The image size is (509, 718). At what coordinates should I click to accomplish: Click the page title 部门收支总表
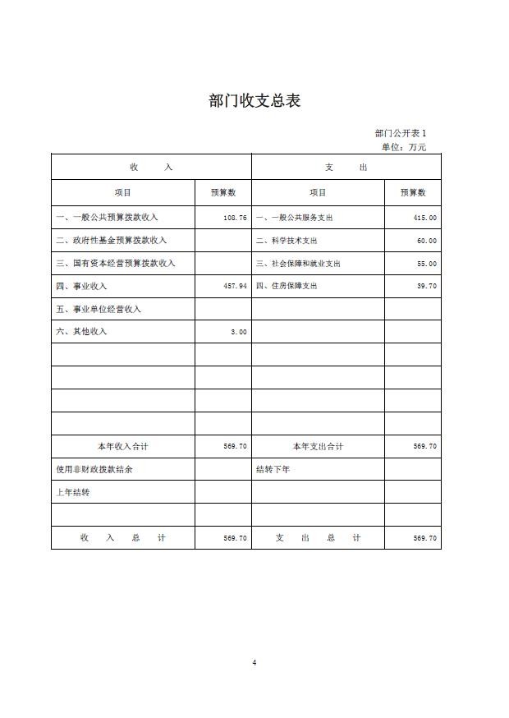pyautogui.click(x=254, y=101)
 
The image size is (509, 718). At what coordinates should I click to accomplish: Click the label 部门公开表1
pyautogui.click(x=401, y=133)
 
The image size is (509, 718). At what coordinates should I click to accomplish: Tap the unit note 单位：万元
pyautogui.click(x=403, y=147)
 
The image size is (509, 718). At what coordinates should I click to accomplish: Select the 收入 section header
pyautogui.click(x=151, y=168)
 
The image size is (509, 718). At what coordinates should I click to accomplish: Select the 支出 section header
pyautogui.click(x=346, y=168)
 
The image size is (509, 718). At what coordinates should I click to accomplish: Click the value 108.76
pyautogui.click(x=235, y=218)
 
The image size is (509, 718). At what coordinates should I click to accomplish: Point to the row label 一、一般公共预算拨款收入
pyautogui.click(x=107, y=218)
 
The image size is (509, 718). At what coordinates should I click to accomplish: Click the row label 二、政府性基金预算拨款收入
pyautogui.click(x=111, y=241)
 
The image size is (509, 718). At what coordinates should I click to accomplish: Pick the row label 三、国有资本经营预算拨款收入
pyautogui.click(x=116, y=264)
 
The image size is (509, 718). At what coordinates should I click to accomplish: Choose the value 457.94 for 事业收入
pyautogui.click(x=235, y=286)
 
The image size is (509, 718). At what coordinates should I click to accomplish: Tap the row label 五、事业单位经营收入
pyautogui.click(x=99, y=309)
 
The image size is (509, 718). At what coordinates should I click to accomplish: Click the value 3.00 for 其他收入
pyautogui.click(x=238, y=332)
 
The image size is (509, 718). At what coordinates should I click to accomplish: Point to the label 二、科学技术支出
pyautogui.click(x=287, y=241)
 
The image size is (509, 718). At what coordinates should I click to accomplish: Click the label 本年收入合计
pyautogui.click(x=122, y=446)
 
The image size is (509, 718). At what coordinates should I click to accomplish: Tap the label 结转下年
pyautogui.click(x=273, y=469)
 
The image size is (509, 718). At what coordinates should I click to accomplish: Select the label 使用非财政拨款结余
pyautogui.click(x=94, y=469)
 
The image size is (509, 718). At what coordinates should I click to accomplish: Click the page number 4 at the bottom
pyautogui.click(x=254, y=662)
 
